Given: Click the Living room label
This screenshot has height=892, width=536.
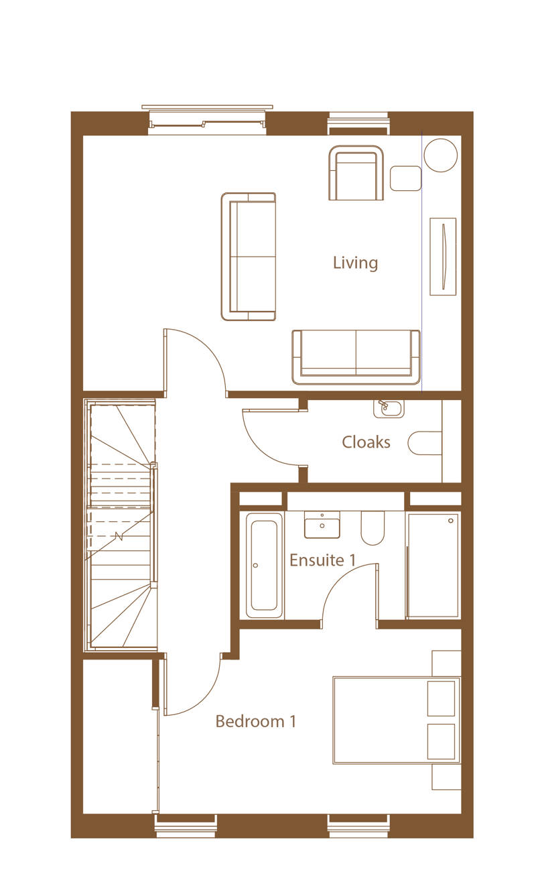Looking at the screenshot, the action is click(x=355, y=263).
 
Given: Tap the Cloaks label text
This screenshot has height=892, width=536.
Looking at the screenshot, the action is click(x=366, y=442).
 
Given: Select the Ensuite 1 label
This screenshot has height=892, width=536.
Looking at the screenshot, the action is click(x=322, y=560).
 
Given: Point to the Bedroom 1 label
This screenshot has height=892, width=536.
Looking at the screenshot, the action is click(x=256, y=721).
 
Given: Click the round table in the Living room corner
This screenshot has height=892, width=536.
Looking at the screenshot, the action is click(x=440, y=155).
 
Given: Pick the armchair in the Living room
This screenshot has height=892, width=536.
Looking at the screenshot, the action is click(x=356, y=173).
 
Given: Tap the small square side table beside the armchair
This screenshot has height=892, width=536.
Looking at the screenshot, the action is click(x=405, y=178).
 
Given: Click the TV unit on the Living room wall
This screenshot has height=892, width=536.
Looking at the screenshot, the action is click(x=443, y=257).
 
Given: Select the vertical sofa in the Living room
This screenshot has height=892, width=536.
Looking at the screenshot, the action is click(x=249, y=257).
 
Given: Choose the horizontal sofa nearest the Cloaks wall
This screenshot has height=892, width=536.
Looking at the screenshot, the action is click(x=356, y=357).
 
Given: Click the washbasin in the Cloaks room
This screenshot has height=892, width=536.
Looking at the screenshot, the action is click(x=389, y=409).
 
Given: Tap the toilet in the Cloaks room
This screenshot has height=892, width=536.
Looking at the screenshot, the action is click(x=425, y=443).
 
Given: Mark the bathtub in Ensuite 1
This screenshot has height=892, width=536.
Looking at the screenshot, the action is click(x=262, y=565).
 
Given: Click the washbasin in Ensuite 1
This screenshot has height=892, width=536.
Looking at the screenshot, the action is click(x=322, y=525).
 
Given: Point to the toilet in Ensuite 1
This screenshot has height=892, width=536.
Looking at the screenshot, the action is click(x=373, y=528).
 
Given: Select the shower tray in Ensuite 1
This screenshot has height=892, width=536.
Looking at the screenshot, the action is click(x=433, y=565).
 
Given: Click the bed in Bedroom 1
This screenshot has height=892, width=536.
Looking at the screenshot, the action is click(x=397, y=720).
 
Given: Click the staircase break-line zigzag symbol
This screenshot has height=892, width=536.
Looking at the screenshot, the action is click(x=119, y=536).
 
